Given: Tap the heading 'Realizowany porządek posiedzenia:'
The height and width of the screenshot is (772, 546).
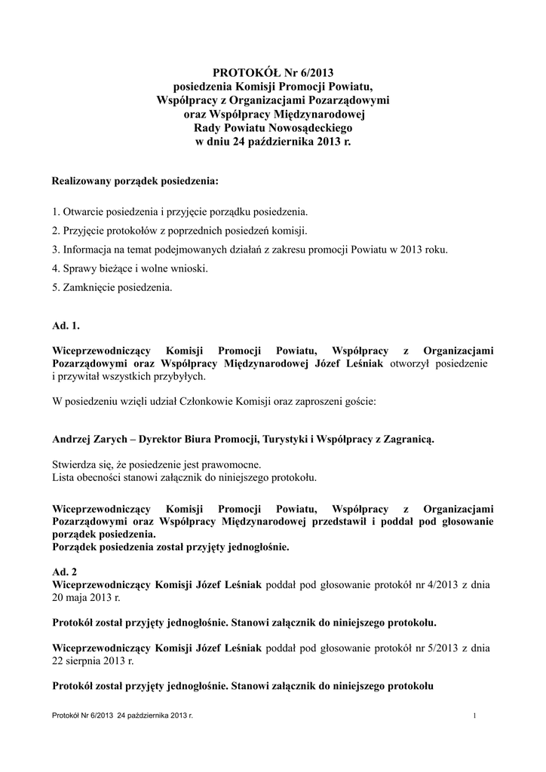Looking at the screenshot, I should coord(135,182).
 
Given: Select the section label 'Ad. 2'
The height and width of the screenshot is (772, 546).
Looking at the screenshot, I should coord(65,571).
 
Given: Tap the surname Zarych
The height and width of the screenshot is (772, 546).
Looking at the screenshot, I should coord(119,439).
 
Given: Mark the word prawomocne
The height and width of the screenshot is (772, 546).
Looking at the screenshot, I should coord(235,464).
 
